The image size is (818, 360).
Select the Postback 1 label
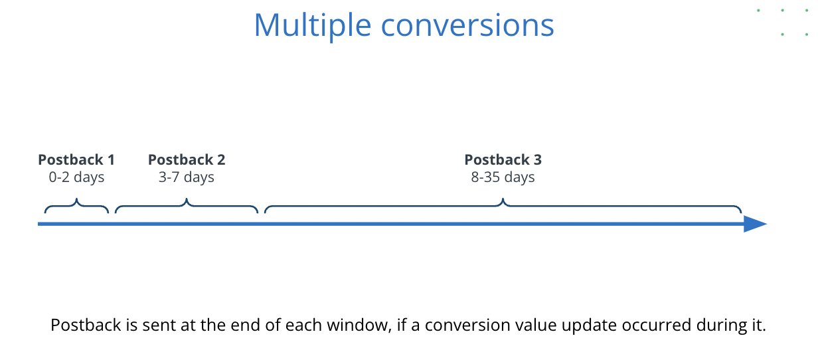[76, 159]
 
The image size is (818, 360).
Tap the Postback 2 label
[187, 159]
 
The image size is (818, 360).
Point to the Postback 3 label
[503, 159]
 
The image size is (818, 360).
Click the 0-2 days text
[76, 177]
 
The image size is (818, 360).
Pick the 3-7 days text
[186, 177]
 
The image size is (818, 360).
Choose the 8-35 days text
[503, 177]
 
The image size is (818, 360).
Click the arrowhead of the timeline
[755, 224]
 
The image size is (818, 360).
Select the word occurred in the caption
[657, 325]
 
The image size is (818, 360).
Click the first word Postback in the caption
[86, 325]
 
